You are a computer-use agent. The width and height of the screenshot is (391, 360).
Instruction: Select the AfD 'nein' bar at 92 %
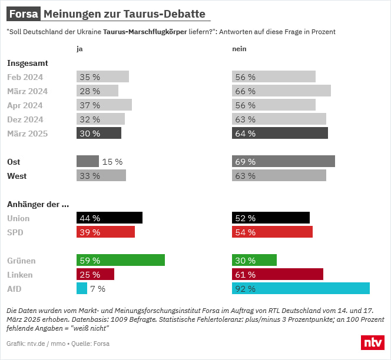(x=301, y=288)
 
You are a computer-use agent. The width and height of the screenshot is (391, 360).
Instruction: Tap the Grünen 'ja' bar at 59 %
(x=121, y=260)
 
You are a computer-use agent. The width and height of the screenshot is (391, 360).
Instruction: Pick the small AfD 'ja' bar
(x=82, y=288)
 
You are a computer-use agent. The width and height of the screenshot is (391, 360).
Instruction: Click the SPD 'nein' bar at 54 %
(x=272, y=232)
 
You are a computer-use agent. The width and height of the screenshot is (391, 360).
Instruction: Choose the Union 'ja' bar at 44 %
(x=110, y=218)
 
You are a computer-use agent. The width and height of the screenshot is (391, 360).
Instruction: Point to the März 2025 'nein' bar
(x=280, y=133)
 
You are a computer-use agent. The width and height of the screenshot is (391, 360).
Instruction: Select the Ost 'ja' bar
(x=87, y=161)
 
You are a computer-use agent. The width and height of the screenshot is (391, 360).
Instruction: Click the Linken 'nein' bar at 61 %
(x=278, y=274)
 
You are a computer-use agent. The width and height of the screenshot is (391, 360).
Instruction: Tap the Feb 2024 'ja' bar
(x=102, y=76)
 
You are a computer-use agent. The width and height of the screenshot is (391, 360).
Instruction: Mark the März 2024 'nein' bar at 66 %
(x=281, y=91)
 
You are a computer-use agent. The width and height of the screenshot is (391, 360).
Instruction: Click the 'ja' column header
(x=79, y=49)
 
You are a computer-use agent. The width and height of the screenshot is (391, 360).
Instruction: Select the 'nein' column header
(x=239, y=49)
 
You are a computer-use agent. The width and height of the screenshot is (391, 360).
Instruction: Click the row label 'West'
(x=16, y=175)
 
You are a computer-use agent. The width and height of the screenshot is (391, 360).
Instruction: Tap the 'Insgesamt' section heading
(x=27, y=62)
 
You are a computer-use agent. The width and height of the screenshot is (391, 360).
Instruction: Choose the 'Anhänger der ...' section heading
(x=38, y=204)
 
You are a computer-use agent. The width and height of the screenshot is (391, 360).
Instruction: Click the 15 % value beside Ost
(x=112, y=161)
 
